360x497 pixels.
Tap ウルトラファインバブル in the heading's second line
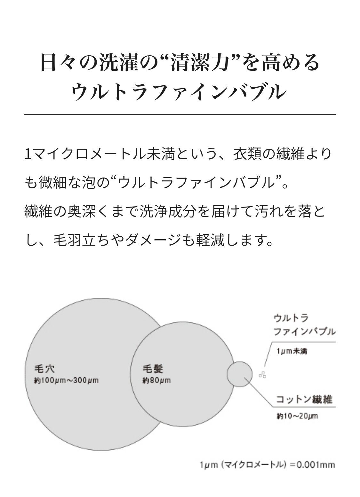pyautogui.click(x=180, y=92)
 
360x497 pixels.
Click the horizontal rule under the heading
pyautogui.click(x=180, y=114)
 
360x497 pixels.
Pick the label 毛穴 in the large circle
pyautogui.click(x=44, y=369)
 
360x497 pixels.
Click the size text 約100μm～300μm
pyautogui.click(x=66, y=380)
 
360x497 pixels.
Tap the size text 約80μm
pyautogui.click(x=156, y=380)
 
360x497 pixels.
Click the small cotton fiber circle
pyautogui.click(x=239, y=374)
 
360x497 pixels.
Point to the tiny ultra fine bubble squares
pyautogui.click(x=263, y=375)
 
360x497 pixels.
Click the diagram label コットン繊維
pyautogui.click(x=304, y=399)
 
